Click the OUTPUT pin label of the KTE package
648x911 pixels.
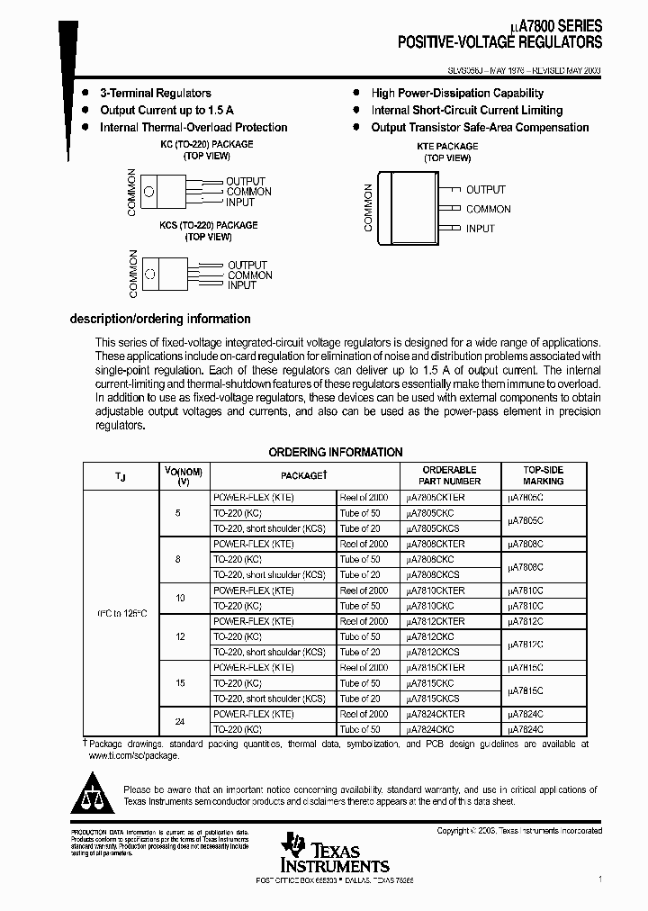click(x=485, y=190)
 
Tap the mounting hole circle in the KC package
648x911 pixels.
click(x=151, y=191)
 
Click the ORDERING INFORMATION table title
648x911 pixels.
click(x=336, y=452)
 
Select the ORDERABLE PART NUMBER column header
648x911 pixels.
click(x=449, y=475)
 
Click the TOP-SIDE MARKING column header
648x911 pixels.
click(x=543, y=475)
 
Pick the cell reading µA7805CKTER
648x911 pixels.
click(x=436, y=497)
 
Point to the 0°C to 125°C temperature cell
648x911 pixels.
click(x=121, y=612)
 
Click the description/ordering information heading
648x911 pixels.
click(x=160, y=319)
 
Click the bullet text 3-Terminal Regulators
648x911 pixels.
click(x=156, y=93)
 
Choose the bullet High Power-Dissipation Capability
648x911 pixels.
click(x=457, y=93)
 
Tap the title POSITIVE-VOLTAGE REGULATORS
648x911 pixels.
click(x=500, y=42)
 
